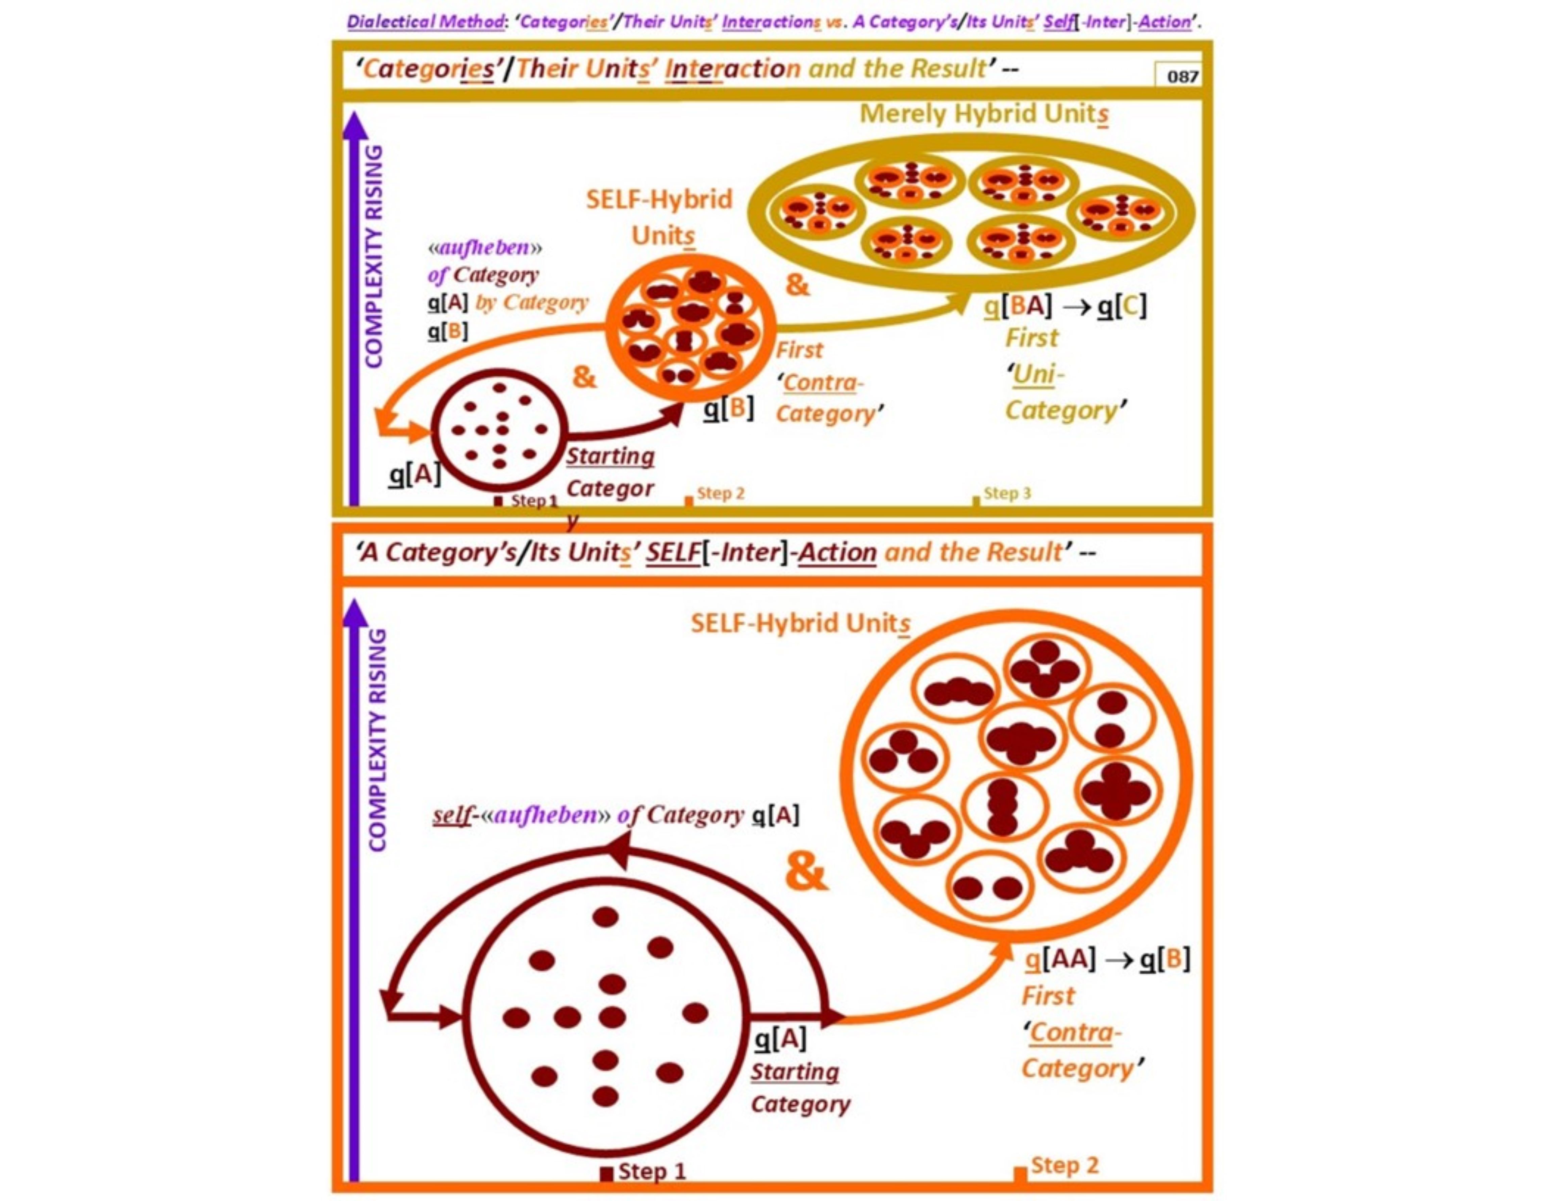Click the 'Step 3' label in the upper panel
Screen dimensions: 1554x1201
tap(1007, 492)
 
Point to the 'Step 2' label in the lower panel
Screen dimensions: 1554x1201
tap(1064, 1165)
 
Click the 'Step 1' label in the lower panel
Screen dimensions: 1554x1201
tap(652, 1170)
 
